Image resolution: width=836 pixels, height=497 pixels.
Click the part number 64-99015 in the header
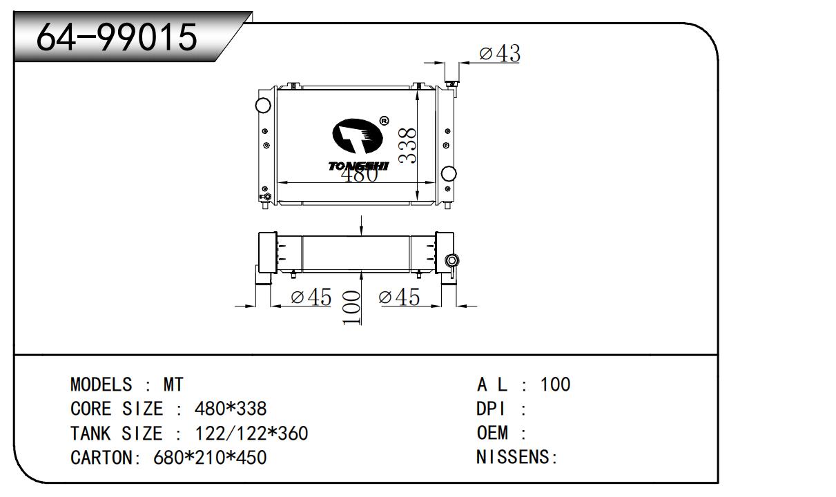tap(117, 37)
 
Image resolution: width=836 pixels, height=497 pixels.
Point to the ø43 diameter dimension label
tap(500, 53)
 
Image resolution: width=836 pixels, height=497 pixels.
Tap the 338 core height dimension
tap(407, 146)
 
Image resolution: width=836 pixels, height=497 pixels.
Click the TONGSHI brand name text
tap(359, 166)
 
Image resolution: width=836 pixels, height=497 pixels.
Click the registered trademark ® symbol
tap(384, 121)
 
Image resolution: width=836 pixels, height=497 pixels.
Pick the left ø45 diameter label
tap(311, 297)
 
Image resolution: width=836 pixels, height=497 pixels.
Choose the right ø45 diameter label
tap(399, 297)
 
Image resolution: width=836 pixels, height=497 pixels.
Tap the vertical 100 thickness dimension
tap(351, 308)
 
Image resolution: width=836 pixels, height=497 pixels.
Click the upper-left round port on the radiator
tap(263, 105)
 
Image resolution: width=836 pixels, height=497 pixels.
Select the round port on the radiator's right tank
tap(448, 173)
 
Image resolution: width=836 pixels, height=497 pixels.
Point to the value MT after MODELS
tap(173, 384)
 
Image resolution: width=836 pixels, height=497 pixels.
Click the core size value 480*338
tap(231, 409)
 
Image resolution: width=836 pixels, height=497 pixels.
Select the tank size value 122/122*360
tap(251, 433)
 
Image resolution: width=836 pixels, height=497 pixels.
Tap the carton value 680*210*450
tap(210, 458)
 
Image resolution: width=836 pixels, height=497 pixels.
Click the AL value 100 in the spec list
tap(555, 384)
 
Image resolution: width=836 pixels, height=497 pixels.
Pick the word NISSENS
tap(514, 457)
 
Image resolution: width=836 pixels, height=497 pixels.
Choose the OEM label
tap(492, 433)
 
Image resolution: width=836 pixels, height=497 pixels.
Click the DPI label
tap(491, 409)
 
